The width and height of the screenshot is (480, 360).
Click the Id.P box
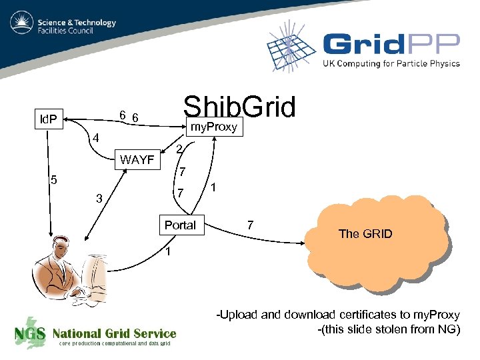(48, 120)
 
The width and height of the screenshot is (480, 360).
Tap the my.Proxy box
(214, 127)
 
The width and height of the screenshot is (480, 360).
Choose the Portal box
(180, 225)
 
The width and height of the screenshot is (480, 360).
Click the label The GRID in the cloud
(365, 233)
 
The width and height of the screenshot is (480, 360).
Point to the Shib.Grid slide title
(239, 107)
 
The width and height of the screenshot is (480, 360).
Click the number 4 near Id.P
(96, 139)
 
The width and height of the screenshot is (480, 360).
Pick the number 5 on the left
(55, 180)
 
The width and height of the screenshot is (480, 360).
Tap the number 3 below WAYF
(99, 198)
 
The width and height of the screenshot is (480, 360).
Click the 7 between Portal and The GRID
(249, 225)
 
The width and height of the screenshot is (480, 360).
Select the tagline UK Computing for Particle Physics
(391, 64)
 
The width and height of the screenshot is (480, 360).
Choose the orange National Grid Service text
(114, 333)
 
